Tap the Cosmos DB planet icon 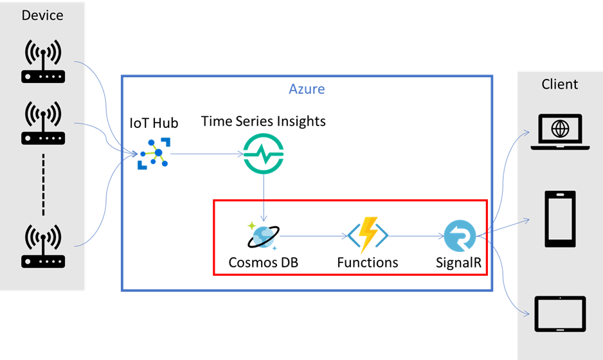[263, 235]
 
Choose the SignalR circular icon [460, 235]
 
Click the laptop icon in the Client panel [560, 132]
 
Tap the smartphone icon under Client [560, 219]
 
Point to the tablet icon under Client [560, 313]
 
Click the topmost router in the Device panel [42, 62]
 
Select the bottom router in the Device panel [42, 246]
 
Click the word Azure [307, 89]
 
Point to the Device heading [42, 15]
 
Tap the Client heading [560, 84]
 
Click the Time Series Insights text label [264, 121]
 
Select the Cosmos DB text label [264, 262]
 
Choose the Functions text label [368, 262]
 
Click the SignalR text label [460, 262]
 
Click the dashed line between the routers [42, 186]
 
